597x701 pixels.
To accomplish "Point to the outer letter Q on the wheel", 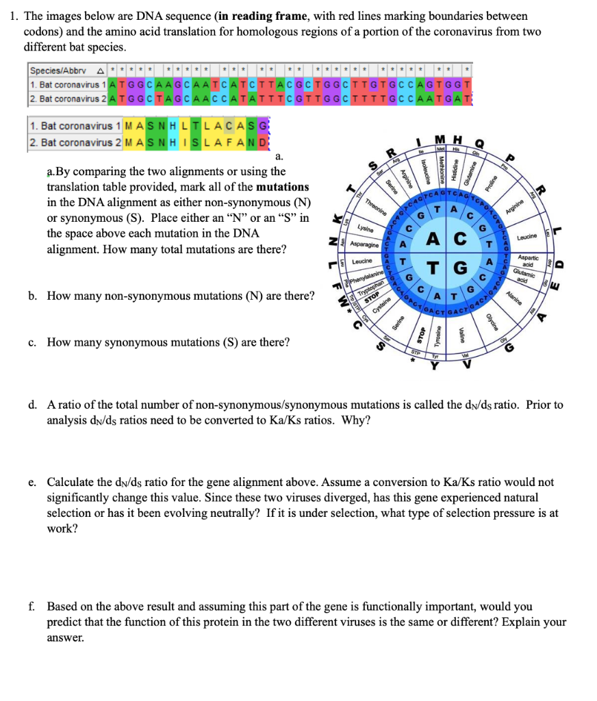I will (x=479, y=144).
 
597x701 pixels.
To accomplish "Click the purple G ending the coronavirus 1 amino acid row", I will (x=266, y=127).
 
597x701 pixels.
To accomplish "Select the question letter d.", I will (x=32, y=405).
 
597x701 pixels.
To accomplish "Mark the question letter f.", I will (x=31, y=607).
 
